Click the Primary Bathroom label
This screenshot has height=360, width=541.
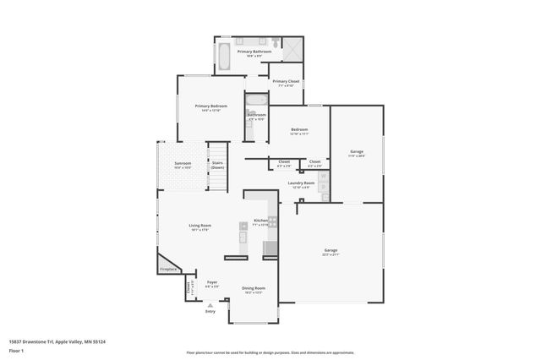(x=254, y=52)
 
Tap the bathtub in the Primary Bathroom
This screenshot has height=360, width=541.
(x=223, y=57)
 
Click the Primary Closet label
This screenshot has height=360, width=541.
(x=285, y=82)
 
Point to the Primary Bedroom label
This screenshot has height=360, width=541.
(x=210, y=106)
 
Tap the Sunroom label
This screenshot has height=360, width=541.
(x=183, y=164)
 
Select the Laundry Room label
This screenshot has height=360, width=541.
(x=301, y=183)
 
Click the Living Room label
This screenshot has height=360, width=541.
(x=199, y=226)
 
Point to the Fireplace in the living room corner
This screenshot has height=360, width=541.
(x=169, y=269)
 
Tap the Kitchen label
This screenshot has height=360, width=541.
(x=260, y=221)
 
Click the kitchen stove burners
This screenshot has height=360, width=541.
(x=273, y=221)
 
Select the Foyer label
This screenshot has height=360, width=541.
(x=212, y=284)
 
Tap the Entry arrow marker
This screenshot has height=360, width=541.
(x=210, y=304)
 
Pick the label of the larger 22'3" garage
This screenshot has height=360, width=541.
(x=331, y=251)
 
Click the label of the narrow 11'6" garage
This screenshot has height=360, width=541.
(x=357, y=153)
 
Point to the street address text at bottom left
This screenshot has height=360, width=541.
(x=62, y=341)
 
